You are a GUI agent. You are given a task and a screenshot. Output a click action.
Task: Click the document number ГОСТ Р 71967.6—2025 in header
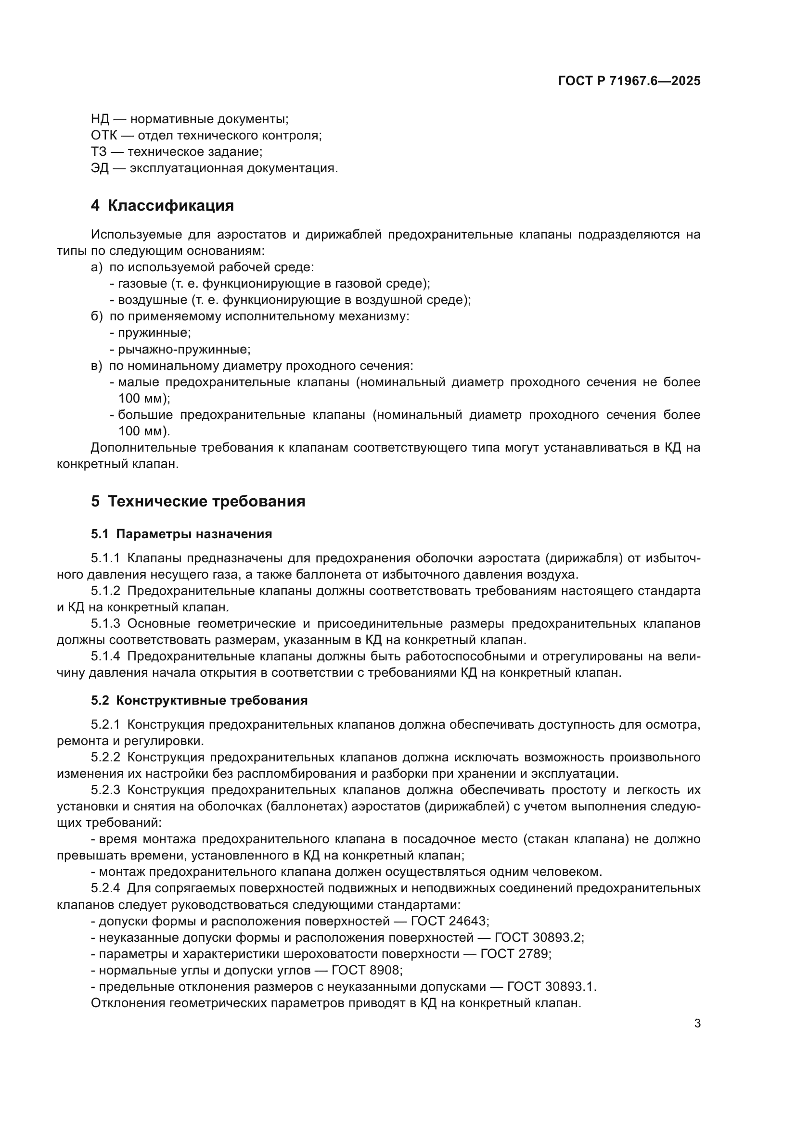[629, 81]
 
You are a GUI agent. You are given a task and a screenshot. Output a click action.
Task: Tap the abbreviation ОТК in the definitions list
[103, 136]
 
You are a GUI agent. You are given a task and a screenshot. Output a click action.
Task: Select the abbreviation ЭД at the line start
[100, 168]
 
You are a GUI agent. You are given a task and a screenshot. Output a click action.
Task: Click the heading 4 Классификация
[162, 206]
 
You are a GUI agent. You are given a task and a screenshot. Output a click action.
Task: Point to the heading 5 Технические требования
[198, 502]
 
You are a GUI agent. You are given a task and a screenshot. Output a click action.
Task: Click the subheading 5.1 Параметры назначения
[181, 534]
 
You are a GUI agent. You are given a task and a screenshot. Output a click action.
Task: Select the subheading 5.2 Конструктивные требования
[199, 701]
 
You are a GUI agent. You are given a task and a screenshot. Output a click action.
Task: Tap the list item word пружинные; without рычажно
[154, 333]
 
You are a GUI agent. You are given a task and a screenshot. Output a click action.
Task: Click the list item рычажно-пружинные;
[184, 350]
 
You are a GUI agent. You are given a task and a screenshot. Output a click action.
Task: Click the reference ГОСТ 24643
[449, 921]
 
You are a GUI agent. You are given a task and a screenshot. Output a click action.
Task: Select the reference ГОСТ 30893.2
[539, 938]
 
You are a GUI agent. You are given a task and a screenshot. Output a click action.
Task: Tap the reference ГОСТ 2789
[515, 954]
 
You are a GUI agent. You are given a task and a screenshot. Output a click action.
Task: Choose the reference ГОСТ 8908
[367, 971]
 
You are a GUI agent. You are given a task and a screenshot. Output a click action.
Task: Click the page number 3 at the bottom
[697, 1024]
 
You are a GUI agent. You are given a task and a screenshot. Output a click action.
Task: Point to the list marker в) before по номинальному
[97, 366]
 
